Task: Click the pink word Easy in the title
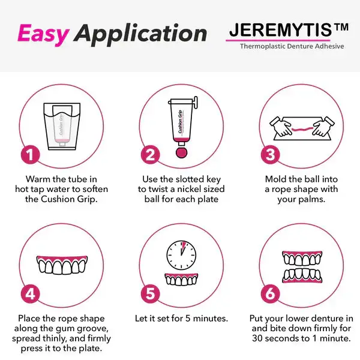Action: point(44,34)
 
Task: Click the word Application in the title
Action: point(140,35)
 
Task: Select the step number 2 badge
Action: point(151,155)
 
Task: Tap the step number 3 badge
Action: point(271,155)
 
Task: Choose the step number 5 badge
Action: point(151,293)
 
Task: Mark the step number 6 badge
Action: point(271,293)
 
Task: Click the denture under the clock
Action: point(181,279)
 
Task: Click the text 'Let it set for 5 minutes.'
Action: point(181,319)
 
